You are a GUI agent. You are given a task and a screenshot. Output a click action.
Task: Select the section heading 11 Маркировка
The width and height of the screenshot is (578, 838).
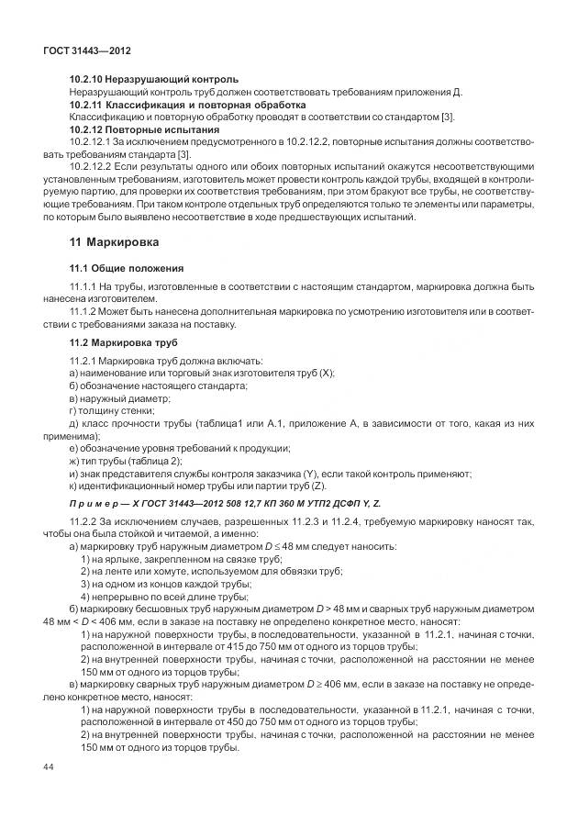tap(115, 243)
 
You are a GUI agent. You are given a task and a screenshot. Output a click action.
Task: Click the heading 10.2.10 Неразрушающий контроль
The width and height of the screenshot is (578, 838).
tap(154, 79)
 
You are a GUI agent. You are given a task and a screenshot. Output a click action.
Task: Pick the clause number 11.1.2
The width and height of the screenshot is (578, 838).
tap(83, 312)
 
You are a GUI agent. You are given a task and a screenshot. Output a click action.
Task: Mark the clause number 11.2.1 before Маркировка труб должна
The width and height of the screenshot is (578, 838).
tap(83, 361)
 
